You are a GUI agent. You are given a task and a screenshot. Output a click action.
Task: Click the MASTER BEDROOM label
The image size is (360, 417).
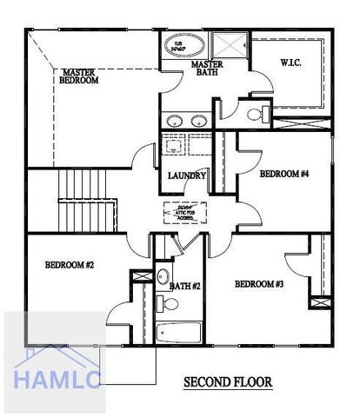(79, 76)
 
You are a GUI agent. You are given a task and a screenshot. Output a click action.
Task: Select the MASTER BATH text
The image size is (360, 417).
(209, 69)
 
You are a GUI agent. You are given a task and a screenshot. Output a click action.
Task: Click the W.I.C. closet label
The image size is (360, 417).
(291, 63)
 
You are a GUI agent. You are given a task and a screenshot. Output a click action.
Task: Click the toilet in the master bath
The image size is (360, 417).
(256, 114)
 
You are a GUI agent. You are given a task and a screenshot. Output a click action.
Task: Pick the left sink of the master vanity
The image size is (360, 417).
(173, 120)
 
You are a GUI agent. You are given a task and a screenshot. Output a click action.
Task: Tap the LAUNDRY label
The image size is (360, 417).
(187, 176)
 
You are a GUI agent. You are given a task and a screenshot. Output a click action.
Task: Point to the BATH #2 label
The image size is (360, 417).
(185, 286)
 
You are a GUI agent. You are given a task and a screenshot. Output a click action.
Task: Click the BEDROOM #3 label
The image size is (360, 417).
(259, 284)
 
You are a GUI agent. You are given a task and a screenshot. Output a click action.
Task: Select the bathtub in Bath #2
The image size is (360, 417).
(178, 334)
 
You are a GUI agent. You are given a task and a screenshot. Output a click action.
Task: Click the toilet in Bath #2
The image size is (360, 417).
(168, 304)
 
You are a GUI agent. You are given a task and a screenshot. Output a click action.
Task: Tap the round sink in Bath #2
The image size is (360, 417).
(163, 276)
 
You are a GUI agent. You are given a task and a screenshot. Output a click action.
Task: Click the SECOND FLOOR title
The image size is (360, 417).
(228, 381)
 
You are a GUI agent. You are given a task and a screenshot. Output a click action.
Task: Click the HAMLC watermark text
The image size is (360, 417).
(57, 378)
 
